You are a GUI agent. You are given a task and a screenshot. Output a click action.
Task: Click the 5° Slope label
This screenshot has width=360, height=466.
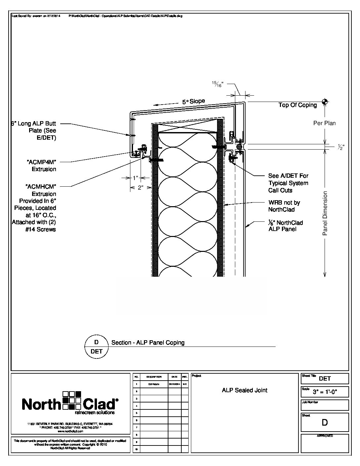coord(193,102)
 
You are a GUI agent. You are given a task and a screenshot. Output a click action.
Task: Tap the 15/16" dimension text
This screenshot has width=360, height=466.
coord(218,84)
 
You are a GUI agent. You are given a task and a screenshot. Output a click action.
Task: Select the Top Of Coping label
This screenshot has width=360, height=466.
coord(297,105)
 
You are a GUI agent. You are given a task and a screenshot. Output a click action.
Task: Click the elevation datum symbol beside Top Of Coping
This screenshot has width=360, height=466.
coord(325,102)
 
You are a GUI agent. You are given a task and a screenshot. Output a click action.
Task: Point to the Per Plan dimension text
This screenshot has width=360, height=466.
coord(324,123)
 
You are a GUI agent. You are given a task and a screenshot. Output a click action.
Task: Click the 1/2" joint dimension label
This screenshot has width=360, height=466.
coord(341,147)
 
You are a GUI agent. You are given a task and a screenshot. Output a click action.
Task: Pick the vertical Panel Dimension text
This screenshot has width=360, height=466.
coord(325,213)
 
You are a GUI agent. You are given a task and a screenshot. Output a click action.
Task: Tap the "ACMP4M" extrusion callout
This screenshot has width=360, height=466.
coord(41,165)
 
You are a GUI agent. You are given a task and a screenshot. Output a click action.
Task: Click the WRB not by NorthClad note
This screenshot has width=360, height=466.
coord(284,206)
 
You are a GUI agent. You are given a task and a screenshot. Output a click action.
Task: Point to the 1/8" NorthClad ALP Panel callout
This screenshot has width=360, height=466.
coord(285,226)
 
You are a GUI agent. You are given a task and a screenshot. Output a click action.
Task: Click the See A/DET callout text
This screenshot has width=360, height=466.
coord(288,183)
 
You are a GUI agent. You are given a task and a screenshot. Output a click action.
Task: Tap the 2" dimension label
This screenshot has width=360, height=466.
coord(141,188)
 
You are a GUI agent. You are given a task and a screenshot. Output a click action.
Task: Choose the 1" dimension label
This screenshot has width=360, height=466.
coord(135,178)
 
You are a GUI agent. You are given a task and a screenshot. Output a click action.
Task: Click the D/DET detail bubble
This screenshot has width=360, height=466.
coord(97,347)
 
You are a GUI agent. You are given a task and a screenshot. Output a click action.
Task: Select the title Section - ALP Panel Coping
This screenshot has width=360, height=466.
coord(148,343)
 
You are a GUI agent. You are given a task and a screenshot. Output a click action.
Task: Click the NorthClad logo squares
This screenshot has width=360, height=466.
coord(72,400)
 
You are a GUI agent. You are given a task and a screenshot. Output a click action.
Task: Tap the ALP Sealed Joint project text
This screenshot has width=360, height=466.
coord(245,390)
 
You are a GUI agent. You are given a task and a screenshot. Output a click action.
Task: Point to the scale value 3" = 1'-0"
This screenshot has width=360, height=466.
coord(330,392)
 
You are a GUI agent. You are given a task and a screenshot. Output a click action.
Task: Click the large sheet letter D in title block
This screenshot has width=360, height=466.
coord(325,423)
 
